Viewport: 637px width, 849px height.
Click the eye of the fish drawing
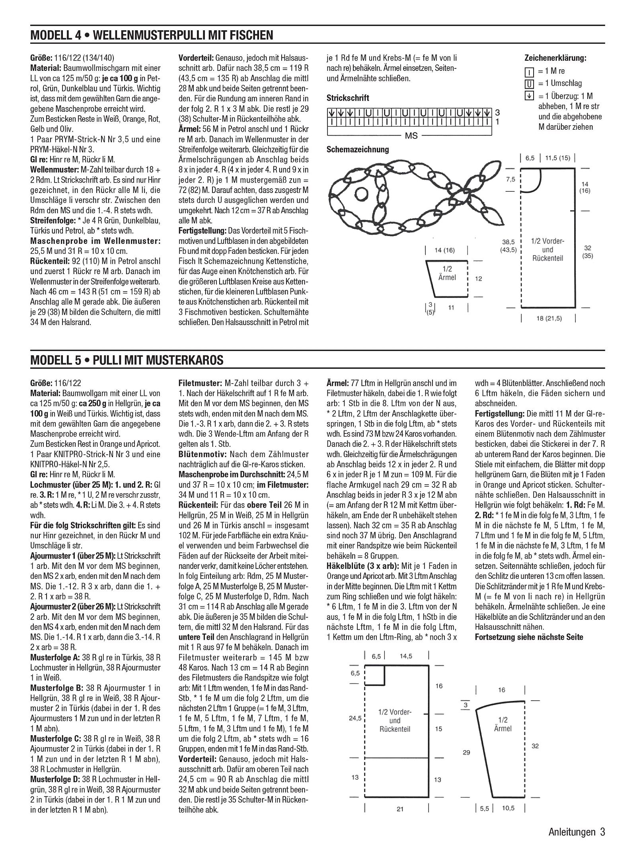point(361,194)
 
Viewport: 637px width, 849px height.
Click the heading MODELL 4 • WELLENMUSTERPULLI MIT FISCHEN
point(152,35)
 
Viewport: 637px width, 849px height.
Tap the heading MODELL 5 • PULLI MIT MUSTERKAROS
point(127,360)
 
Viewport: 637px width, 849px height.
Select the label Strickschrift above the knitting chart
point(348,98)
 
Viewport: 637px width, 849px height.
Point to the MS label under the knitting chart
point(411,136)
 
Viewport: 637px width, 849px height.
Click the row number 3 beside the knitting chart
point(497,113)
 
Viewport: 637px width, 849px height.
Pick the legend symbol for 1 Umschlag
point(529,84)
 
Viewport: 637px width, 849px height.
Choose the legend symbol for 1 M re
point(529,72)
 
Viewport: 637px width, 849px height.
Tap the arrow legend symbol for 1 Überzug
point(529,96)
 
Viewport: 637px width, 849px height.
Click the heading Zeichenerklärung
point(555,58)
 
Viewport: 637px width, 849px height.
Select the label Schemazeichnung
point(358,150)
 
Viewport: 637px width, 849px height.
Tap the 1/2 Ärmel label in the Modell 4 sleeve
point(447,273)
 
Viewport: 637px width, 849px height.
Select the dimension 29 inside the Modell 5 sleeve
point(466,752)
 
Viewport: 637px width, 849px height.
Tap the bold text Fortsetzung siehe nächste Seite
point(529,637)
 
